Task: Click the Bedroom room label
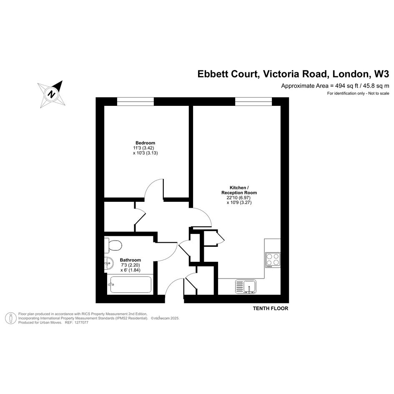[145, 143]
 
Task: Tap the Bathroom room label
[130, 260]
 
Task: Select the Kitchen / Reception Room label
[239, 190]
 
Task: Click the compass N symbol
[52, 94]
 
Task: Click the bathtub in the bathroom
[130, 284]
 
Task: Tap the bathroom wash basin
[108, 264]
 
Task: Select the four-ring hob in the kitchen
[273, 260]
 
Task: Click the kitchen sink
[246, 287]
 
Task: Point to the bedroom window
[136, 101]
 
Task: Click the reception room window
[253, 101]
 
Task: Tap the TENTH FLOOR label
[271, 309]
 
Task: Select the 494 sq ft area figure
[347, 86]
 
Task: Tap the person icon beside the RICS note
[11, 318]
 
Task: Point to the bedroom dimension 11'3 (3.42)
[143, 148]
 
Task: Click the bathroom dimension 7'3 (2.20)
[130, 265]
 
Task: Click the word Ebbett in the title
[214, 74]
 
